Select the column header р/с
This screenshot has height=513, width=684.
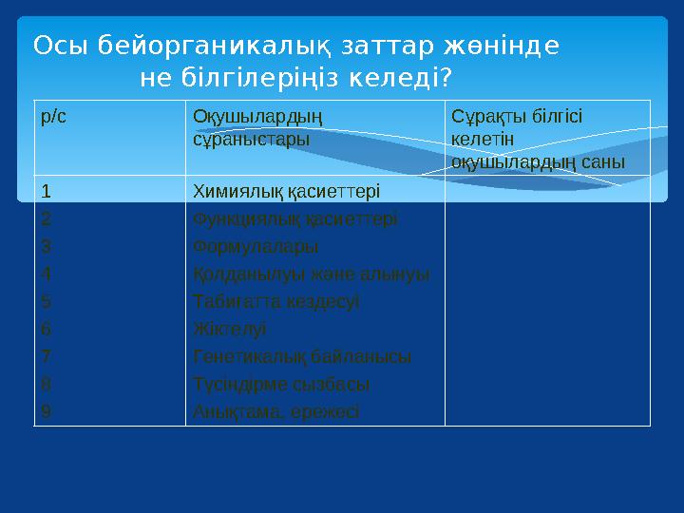click(x=53, y=115)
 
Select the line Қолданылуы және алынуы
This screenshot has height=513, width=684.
click(x=311, y=274)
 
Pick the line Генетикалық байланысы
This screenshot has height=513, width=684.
click(x=302, y=356)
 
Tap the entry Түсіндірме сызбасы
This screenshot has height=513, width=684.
click(x=281, y=384)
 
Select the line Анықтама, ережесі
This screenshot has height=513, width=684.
click(x=275, y=411)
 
